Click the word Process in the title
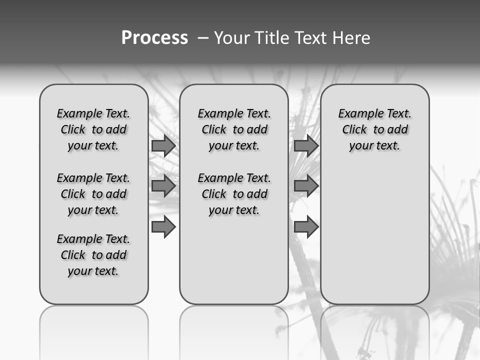[154, 38]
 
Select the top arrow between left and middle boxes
[163, 145]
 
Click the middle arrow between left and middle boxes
[163, 186]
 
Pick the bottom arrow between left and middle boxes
[163, 227]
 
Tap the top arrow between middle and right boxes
[306, 145]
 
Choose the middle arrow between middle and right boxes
[306, 186]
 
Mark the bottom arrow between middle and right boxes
[306, 227]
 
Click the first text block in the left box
[93, 129]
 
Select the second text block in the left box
[93, 194]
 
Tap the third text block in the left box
[93, 255]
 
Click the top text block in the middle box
[234, 129]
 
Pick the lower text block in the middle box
[234, 194]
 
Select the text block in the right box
[374, 129]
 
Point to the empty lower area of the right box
[374, 235]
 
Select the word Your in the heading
[232, 38]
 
